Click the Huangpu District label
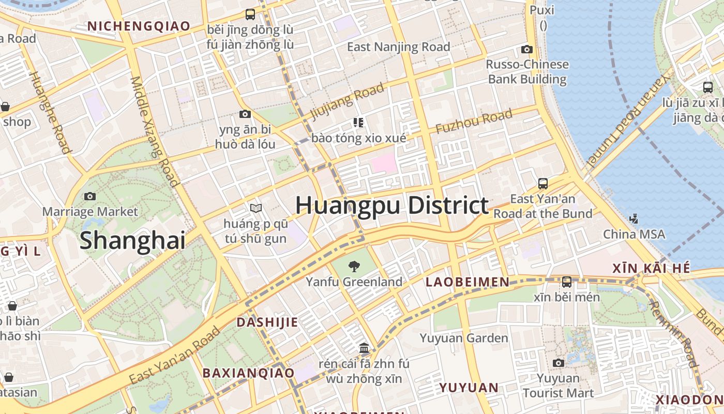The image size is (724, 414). point(391,205)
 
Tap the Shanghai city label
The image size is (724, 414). point(132,241)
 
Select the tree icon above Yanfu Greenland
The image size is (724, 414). point(354,267)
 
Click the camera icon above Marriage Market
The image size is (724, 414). point(90,196)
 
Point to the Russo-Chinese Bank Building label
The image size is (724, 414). point(527,71)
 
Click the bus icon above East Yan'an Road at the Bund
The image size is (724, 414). point(543,183)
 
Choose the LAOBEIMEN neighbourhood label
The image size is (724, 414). point(467,282)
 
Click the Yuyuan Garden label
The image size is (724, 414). point(464,338)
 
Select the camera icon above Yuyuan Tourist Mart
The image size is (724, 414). point(558,363)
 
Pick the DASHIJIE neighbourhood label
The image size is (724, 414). point(267,322)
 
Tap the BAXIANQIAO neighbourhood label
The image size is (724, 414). point(248,373)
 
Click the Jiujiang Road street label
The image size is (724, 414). point(347,102)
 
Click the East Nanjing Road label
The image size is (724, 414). point(398,47)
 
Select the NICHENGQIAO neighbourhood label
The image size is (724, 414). point(139,26)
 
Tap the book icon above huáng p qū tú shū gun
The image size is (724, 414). point(255,208)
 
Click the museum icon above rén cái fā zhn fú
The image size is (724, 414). point(364,347)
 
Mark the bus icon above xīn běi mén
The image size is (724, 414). point(567,282)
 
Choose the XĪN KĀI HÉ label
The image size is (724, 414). point(651,268)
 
